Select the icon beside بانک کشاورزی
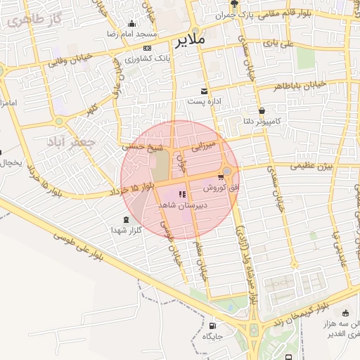(x=147, y=47)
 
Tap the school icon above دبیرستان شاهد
(x=183, y=194)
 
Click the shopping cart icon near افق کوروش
(x=221, y=177)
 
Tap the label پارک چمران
(x=233, y=15)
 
